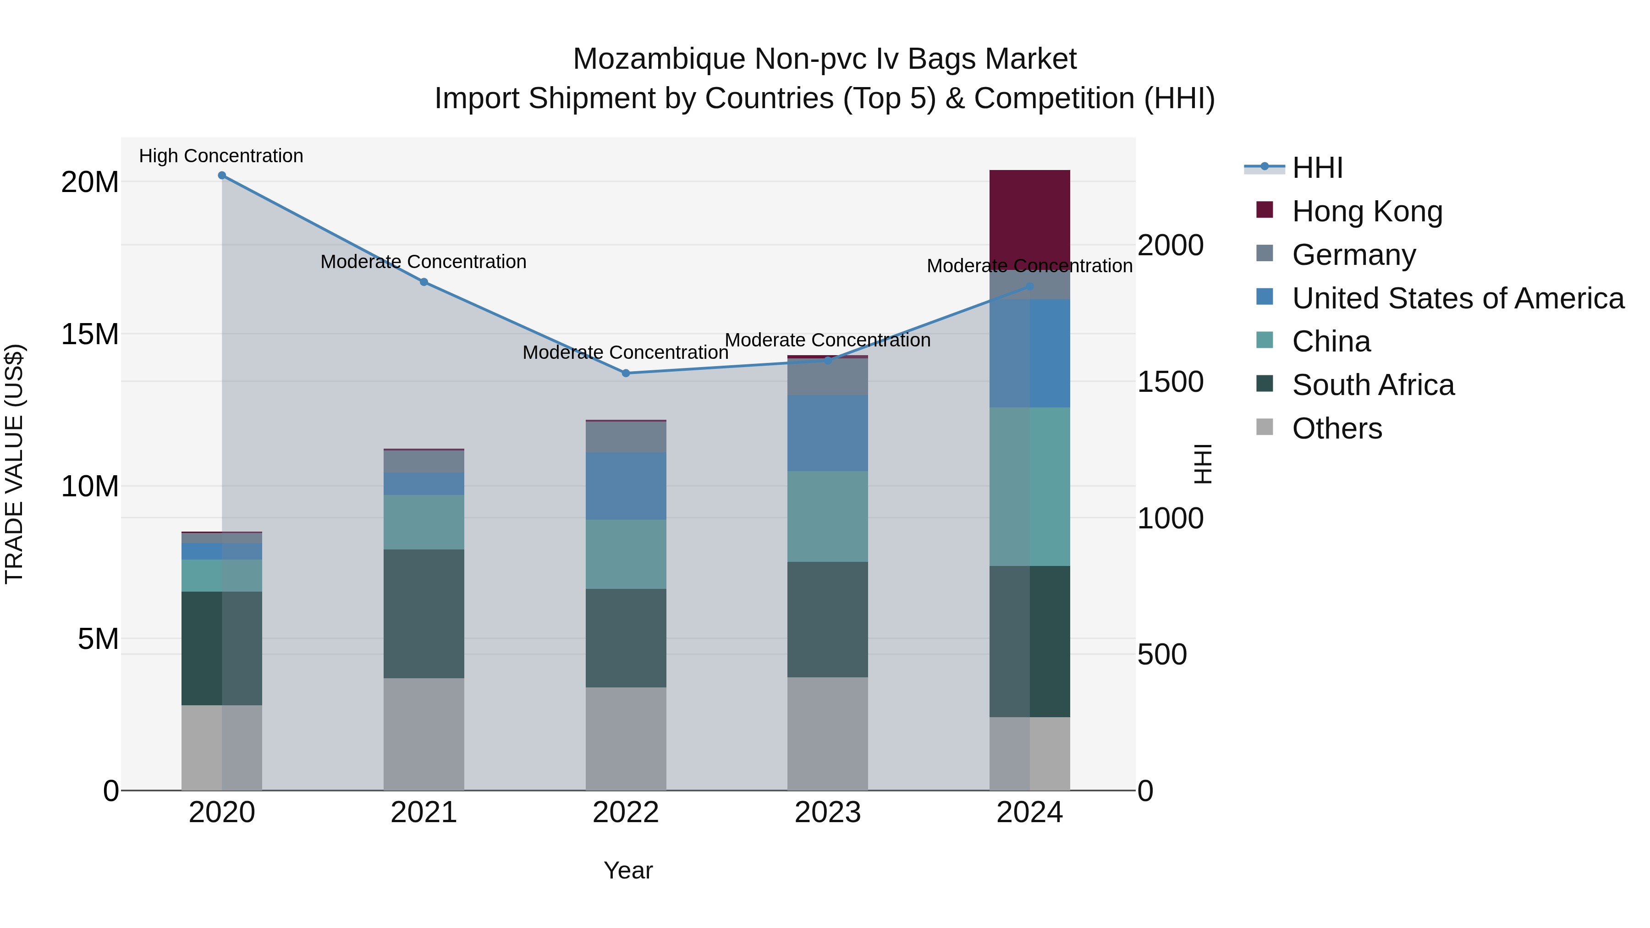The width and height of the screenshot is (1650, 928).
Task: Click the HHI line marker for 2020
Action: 222,176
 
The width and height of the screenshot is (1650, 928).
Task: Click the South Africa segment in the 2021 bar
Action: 423,614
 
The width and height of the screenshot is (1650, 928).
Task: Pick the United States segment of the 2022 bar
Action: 626,485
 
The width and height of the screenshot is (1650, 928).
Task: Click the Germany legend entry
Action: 1353,255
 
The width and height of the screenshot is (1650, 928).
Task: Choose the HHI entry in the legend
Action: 1317,168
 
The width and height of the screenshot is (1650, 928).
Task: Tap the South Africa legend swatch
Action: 1265,384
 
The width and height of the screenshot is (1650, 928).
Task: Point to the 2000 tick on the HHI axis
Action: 1170,246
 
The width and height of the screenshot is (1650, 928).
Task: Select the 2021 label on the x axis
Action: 423,813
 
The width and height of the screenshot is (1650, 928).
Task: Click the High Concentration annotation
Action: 221,156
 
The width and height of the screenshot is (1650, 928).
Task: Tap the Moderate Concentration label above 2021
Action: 423,262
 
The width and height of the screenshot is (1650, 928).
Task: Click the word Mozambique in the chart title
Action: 659,59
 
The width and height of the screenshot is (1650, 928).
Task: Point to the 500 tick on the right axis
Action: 1162,654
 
